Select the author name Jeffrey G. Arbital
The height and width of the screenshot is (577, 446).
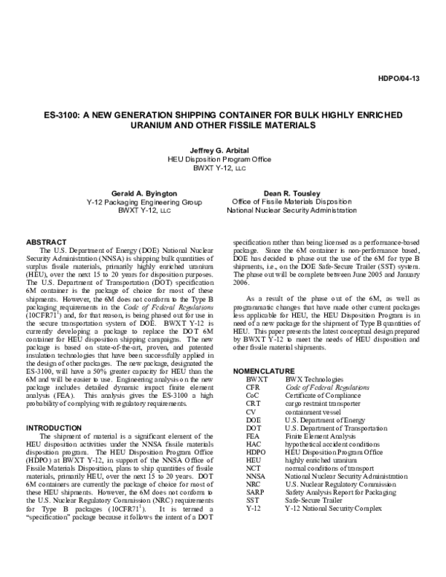pyautogui.click(x=223, y=149)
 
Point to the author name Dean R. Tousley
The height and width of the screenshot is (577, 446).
pyautogui.click(x=291, y=191)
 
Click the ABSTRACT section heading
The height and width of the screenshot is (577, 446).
pyautogui.click(x=48, y=242)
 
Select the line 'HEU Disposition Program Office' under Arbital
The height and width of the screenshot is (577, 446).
pyautogui.click(x=223, y=159)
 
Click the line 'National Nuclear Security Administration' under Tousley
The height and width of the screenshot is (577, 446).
pyautogui.click(x=291, y=211)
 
